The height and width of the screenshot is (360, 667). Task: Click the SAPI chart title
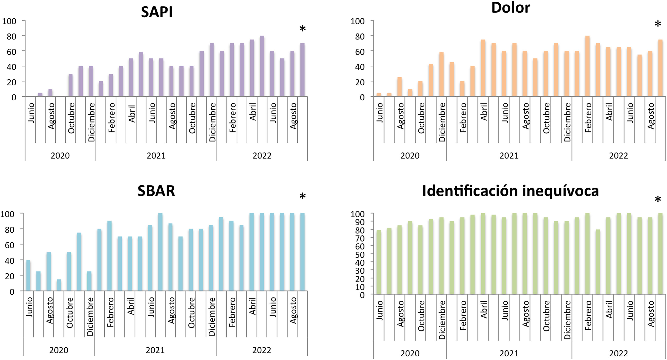tap(157, 12)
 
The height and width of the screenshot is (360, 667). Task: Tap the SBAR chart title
tap(156, 191)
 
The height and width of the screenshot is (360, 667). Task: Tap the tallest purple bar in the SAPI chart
tap(262, 66)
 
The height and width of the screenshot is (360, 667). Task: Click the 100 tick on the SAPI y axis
tap(9, 21)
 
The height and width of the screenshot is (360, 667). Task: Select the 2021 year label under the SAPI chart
tap(156, 155)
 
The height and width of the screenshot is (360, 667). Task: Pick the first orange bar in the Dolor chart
tap(379, 94)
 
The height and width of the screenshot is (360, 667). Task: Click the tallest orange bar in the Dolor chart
tap(588, 66)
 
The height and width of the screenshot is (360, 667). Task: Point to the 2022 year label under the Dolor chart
tap(618, 155)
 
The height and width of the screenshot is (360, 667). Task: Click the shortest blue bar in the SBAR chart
tap(59, 285)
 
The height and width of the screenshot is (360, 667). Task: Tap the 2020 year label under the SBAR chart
tap(59, 350)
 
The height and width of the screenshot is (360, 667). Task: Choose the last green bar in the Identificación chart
tap(660, 254)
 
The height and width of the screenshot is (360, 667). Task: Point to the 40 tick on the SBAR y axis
tap(9, 260)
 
